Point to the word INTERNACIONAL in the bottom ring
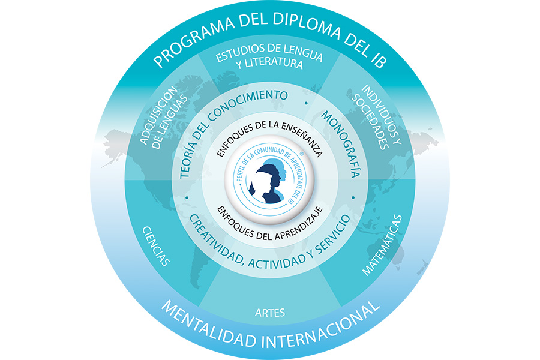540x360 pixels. point(321,328)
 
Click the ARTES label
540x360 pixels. point(270,313)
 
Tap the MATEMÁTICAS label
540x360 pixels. point(382,245)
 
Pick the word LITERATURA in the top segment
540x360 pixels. point(270,64)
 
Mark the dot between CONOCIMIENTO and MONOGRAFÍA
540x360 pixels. point(306,103)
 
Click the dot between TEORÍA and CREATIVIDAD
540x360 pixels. point(187,198)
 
